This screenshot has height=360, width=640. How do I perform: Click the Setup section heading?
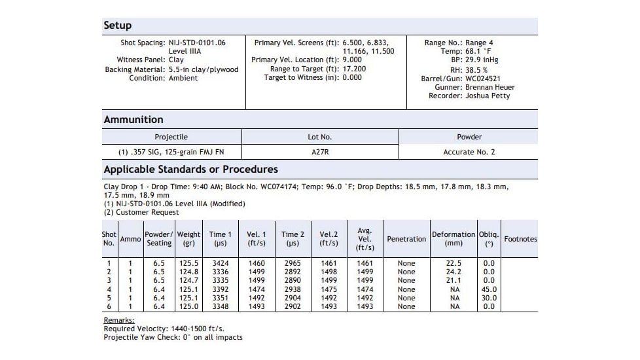click(117, 26)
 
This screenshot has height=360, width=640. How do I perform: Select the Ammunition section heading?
click(133, 120)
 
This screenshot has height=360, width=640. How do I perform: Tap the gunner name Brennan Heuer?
click(490, 87)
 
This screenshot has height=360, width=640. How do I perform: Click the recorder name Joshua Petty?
click(488, 96)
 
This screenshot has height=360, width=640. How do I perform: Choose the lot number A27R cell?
click(320, 152)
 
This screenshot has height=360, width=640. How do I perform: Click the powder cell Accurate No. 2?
click(469, 152)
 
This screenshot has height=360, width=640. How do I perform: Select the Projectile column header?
click(171, 137)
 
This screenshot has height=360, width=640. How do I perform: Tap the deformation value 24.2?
click(453, 272)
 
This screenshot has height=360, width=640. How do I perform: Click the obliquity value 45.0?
click(489, 289)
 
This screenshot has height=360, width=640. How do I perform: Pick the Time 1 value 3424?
click(221, 263)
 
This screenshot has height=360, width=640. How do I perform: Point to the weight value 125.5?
click(189, 263)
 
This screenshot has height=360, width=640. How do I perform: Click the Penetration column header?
click(406, 239)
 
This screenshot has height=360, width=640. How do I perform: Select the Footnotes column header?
click(520, 239)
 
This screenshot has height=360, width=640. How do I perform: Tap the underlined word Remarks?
click(118, 320)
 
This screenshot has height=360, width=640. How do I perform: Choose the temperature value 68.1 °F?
click(479, 51)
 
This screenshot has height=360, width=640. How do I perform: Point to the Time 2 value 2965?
click(293, 263)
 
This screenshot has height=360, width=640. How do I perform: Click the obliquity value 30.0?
click(489, 298)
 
